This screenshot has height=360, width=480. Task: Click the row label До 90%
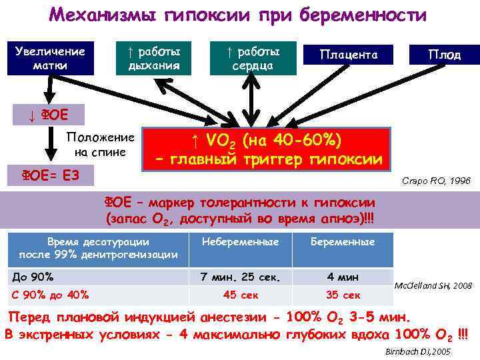click(x=33, y=277)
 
